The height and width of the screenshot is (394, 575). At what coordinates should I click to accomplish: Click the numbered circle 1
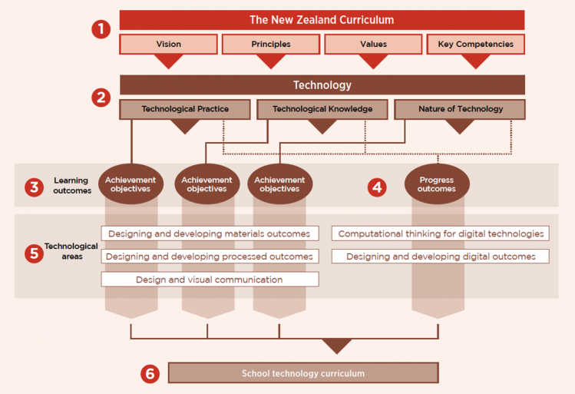101,30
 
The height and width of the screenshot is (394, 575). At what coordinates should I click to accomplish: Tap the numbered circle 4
376,187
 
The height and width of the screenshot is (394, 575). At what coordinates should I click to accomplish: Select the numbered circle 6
150,374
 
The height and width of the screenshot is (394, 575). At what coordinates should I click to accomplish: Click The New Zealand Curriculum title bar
322,20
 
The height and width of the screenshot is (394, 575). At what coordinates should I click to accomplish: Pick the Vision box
168,45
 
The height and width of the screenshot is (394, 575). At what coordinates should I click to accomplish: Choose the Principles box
270,45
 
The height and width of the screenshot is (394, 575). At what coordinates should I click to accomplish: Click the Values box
373,45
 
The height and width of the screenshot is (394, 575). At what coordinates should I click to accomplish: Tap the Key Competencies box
475,45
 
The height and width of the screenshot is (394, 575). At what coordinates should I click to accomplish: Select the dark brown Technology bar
322,85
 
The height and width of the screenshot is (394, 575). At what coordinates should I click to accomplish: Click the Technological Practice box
185,109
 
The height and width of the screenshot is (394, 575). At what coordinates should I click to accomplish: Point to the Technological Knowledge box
322,109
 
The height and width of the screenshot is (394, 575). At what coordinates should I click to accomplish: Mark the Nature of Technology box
460,109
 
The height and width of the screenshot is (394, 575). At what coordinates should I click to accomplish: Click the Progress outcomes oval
436,184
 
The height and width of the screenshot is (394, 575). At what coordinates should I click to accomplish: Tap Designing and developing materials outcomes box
209,233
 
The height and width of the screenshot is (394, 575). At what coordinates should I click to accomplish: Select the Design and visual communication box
209,280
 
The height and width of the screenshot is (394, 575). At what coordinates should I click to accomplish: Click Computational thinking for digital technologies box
441,233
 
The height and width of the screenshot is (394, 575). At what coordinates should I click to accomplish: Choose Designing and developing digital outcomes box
441,257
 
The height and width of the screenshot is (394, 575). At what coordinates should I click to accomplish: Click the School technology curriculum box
302,374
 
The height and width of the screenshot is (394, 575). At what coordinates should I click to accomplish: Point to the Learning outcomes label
71,186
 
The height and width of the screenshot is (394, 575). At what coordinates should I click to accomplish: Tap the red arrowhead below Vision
168,61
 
